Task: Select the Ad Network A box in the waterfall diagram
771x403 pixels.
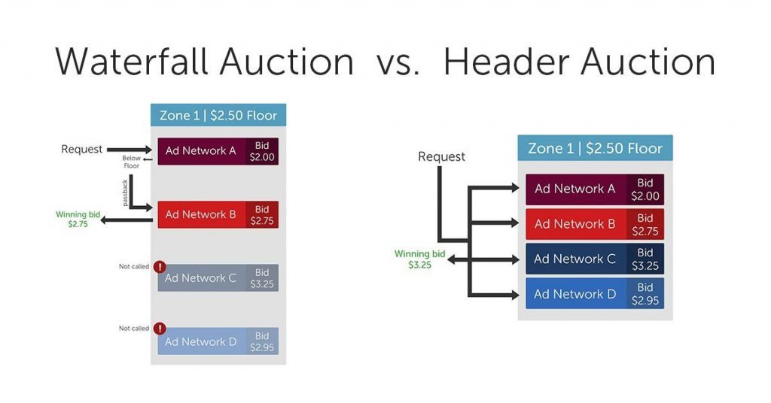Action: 201,151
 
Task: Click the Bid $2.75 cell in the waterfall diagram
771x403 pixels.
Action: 262,214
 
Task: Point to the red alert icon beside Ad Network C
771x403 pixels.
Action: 160,267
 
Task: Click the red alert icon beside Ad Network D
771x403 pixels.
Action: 160,329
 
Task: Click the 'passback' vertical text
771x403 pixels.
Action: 125,192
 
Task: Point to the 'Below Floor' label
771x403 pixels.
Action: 132,162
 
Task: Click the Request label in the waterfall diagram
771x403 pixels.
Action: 81,150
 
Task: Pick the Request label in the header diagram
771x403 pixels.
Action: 441,156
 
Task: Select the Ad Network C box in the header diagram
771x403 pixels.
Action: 575,259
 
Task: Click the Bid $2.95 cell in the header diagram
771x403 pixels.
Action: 645,294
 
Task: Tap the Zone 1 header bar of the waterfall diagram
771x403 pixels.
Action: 218,116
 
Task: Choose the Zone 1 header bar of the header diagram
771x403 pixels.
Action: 595,148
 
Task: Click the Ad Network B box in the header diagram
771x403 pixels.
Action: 575,224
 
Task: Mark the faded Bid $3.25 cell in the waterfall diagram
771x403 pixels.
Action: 262,278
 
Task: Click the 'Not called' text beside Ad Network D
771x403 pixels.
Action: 134,329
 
